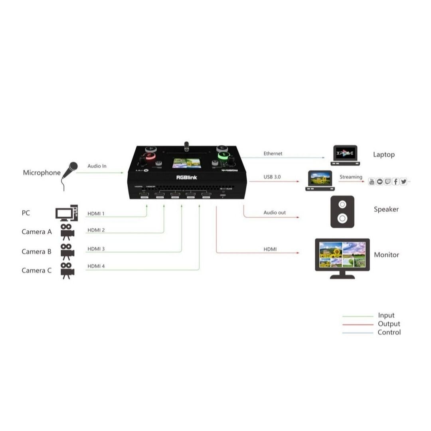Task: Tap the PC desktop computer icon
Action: (66, 213)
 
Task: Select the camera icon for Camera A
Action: (67, 231)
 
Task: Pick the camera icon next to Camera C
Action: (67, 270)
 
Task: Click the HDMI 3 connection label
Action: (96, 249)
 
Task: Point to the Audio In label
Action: (97, 166)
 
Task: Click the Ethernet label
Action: (273, 154)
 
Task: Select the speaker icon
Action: (342, 212)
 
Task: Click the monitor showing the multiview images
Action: (342, 255)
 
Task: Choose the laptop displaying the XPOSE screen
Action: (345, 155)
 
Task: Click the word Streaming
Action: (351, 177)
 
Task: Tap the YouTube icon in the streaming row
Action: (372, 182)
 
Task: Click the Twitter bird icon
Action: (403, 182)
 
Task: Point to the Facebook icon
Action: (395, 182)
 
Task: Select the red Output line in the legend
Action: (358, 324)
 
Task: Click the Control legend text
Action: (389, 332)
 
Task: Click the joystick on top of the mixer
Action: (186, 146)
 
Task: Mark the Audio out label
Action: (275, 213)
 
